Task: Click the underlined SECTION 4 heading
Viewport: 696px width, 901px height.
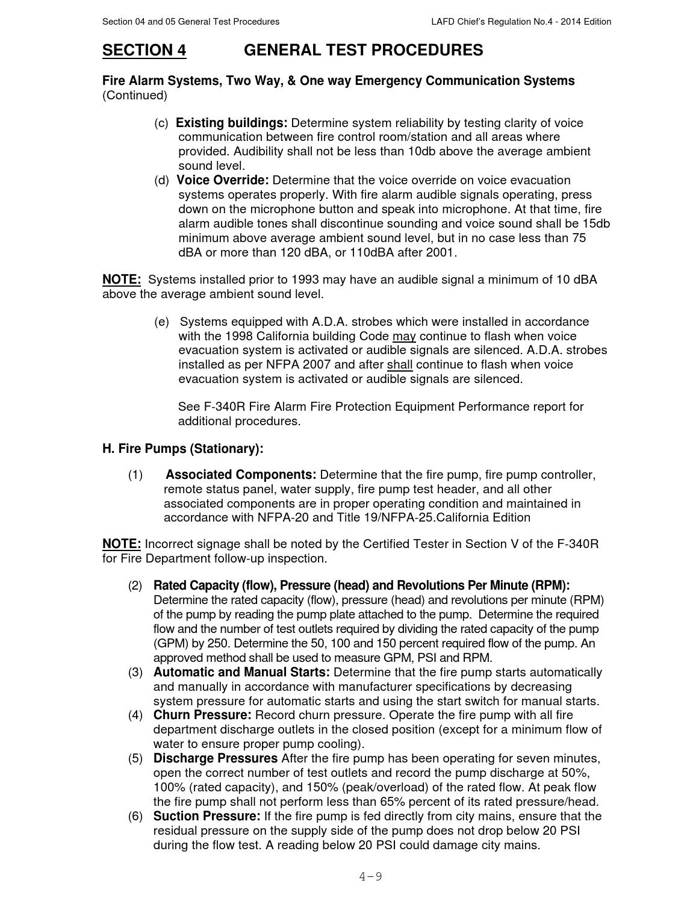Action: pos(144,50)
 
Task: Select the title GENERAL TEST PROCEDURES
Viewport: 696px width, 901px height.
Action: pos(363,50)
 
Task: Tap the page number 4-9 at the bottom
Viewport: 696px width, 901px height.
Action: pos(370,876)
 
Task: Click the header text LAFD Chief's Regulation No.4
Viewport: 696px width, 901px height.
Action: pos(521,22)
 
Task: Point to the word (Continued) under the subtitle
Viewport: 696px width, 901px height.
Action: pos(135,95)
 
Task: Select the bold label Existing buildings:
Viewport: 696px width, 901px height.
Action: pos(231,123)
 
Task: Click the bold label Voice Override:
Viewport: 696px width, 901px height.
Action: pos(222,180)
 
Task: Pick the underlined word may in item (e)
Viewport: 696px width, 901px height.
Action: pos(404,336)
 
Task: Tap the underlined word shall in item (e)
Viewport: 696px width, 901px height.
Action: pos(399,364)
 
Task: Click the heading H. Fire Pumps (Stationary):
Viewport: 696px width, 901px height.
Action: pos(183,449)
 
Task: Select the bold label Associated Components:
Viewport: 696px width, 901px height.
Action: pos(241,475)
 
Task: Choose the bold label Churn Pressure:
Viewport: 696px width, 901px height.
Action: pos(202,715)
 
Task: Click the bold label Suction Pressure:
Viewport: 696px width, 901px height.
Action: pos(207,816)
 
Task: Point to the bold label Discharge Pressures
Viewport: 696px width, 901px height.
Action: pos(216,758)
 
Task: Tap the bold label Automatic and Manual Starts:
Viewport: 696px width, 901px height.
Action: pos(241,672)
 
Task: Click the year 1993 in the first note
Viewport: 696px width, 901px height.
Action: pos(305,279)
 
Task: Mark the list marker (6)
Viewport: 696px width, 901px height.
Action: pos(135,816)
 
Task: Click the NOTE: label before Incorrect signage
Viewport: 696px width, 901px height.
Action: pos(122,544)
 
